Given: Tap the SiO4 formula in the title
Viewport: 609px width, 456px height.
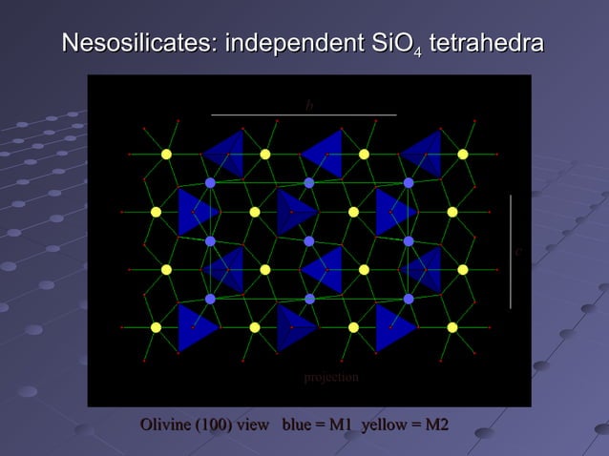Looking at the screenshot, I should [394, 45].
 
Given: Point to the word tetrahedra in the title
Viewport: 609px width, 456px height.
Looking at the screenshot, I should [487, 44].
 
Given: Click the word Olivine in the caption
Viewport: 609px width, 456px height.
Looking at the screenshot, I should [165, 425].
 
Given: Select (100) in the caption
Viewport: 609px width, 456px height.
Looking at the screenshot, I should [214, 425].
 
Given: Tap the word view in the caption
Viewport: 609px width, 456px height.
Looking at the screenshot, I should [254, 425].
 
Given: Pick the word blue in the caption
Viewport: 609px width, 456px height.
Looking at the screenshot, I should [296, 425].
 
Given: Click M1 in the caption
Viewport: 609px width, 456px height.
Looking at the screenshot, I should [341, 425].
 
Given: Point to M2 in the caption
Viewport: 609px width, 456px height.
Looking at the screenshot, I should [435, 425].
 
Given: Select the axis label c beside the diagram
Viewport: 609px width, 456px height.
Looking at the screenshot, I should [517, 252].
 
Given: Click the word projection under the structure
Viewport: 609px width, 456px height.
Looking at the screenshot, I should [331, 378].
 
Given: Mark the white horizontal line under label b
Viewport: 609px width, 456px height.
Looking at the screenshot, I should [304, 115].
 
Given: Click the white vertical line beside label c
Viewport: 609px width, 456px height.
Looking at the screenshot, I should [511, 252].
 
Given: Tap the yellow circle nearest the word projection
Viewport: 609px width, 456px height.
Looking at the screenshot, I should [353, 327].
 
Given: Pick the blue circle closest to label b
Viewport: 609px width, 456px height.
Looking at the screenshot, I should [309, 182].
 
